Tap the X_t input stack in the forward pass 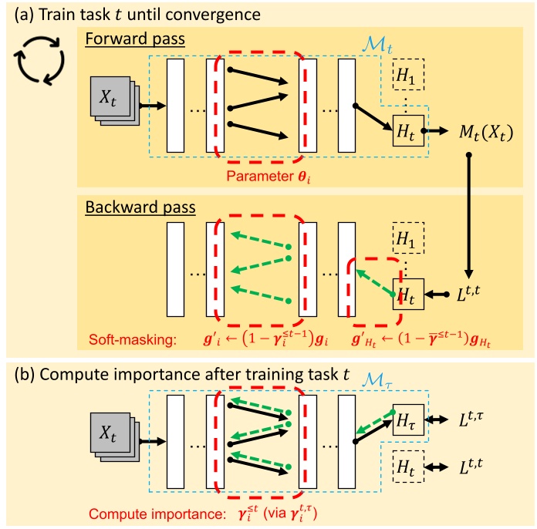click(x=114, y=100)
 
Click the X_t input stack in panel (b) click(x=114, y=440)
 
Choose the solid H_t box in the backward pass click(x=408, y=295)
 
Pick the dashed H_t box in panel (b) click(x=408, y=467)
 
